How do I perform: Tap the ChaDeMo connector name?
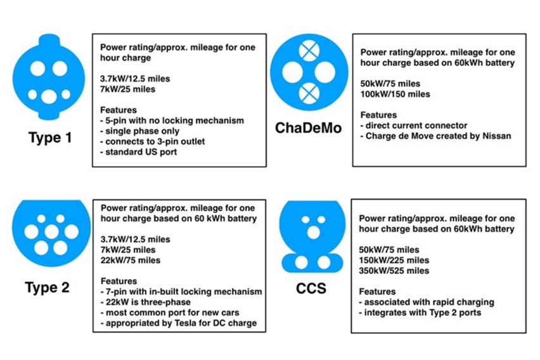308,129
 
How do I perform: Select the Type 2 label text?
47,287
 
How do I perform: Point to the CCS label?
311,289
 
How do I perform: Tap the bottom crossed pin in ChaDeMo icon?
310,94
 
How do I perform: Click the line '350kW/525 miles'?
394,271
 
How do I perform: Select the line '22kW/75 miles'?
131,260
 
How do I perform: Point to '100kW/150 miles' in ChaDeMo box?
395,94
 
